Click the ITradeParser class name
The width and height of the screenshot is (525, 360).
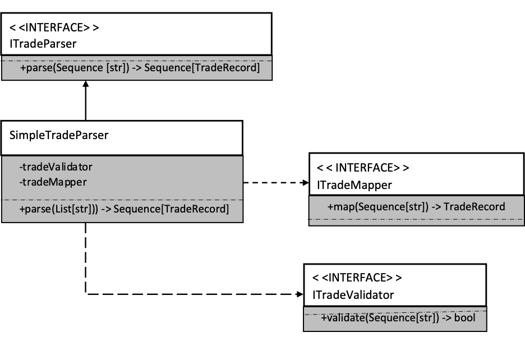[x=43, y=43]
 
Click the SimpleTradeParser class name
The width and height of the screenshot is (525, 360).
[x=59, y=135]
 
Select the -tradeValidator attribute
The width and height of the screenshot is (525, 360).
[x=56, y=167]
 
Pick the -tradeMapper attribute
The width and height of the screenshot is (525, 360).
[x=53, y=182]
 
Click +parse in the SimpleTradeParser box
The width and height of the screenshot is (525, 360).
[x=34, y=210]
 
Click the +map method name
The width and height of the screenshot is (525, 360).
[x=341, y=207]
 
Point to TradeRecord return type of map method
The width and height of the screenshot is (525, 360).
[x=474, y=207]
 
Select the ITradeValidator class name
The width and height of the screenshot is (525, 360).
[x=353, y=295]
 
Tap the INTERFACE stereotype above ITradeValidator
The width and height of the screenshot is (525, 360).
[x=357, y=278]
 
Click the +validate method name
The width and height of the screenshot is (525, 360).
[x=343, y=318]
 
